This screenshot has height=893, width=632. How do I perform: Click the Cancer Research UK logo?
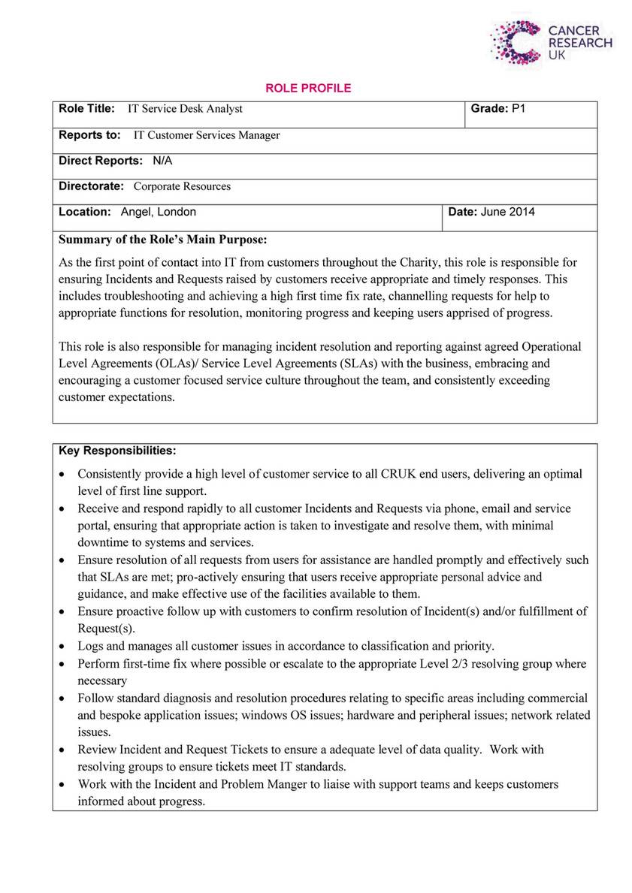point(550,41)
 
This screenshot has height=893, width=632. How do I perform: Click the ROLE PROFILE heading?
point(308,89)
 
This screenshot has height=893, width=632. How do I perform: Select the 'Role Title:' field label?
point(86,109)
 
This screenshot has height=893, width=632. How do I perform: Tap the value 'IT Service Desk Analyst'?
point(186,109)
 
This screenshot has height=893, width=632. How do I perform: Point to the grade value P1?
point(519,109)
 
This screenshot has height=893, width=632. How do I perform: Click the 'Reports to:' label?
point(89,135)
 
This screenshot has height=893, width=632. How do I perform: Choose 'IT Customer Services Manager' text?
point(207,135)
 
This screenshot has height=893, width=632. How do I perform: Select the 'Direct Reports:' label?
point(101,161)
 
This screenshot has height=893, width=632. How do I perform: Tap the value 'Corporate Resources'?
point(183,186)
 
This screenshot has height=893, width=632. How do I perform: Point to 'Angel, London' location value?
point(159,212)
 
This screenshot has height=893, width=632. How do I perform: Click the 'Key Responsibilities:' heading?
point(117,451)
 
